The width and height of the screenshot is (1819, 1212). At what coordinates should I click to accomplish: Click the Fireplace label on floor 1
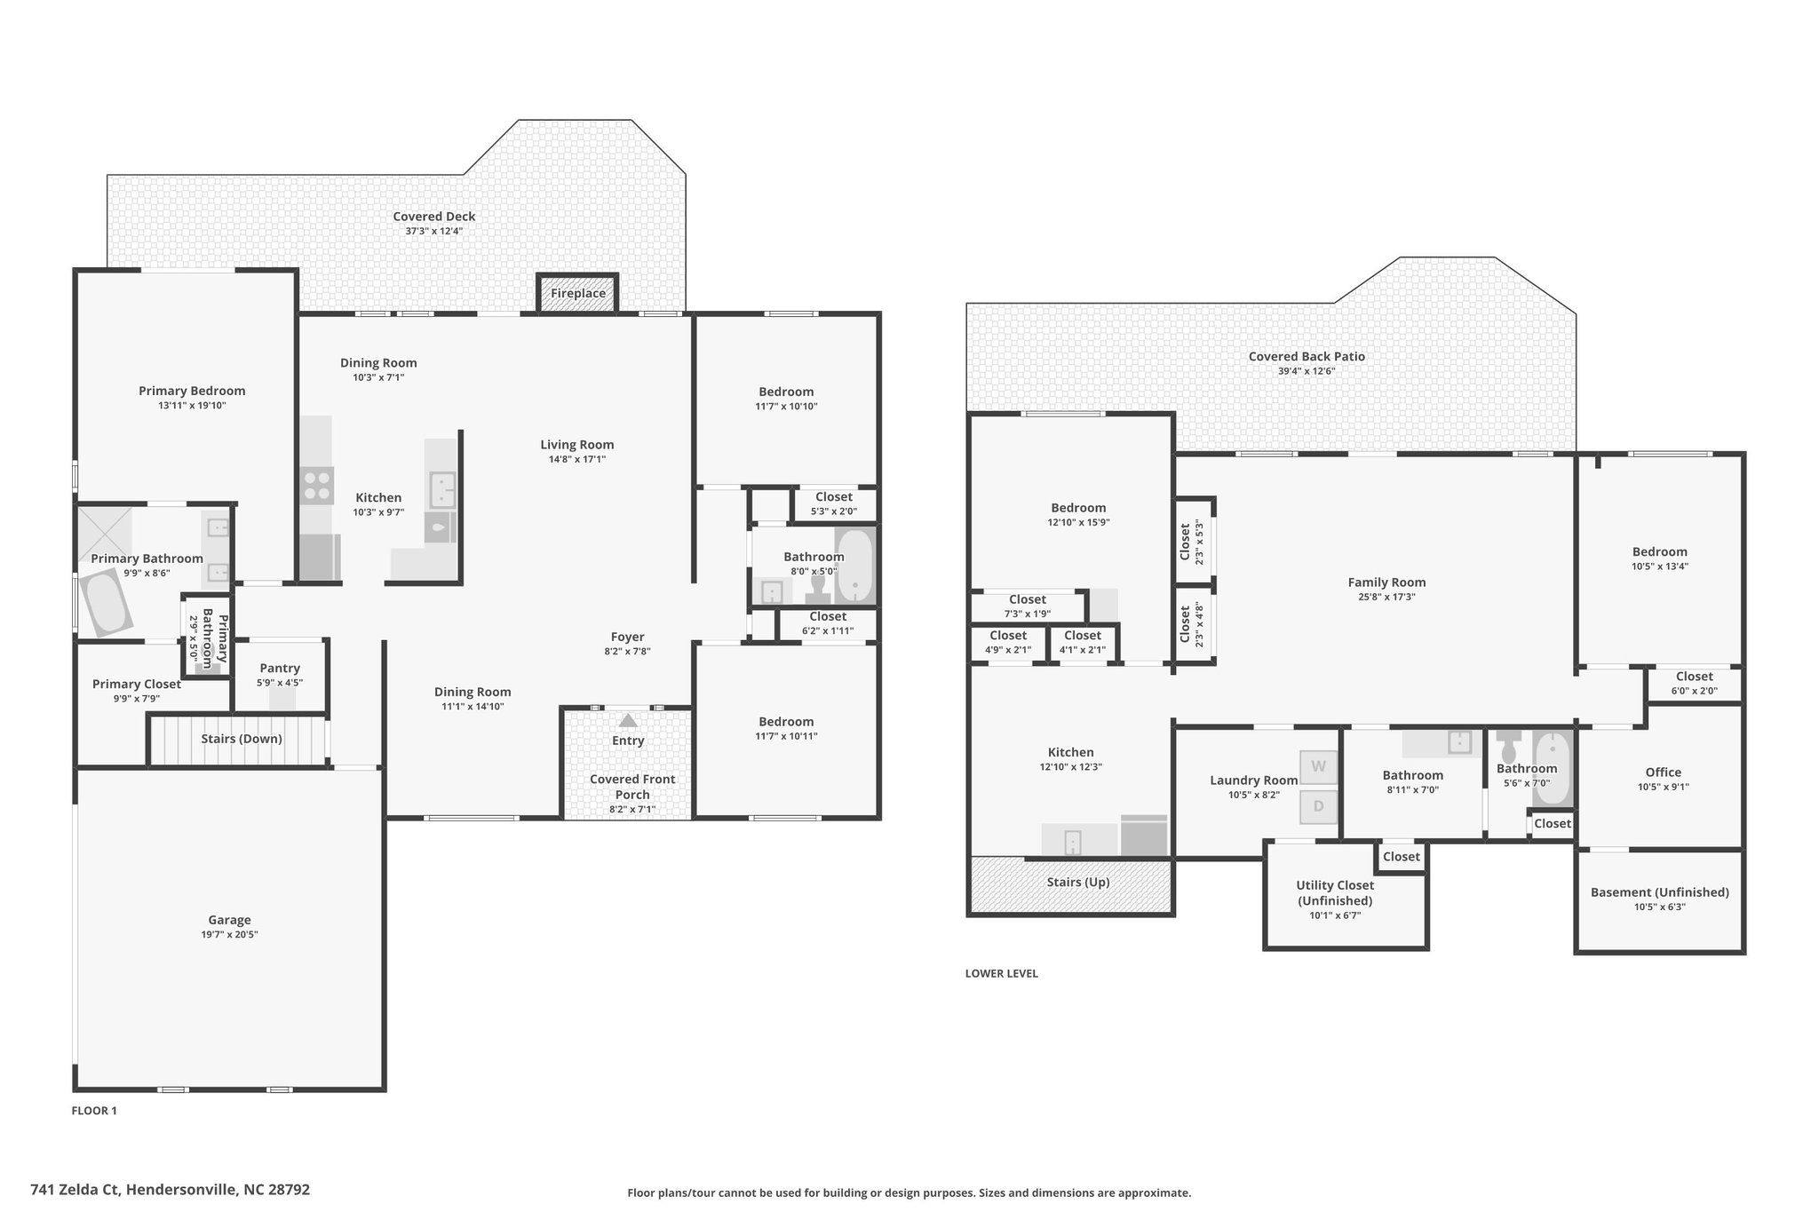pyautogui.click(x=578, y=294)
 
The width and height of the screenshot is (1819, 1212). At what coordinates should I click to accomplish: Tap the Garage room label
pyautogui.click(x=229, y=921)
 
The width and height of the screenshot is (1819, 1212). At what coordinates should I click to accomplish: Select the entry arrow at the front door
pyautogui.click(x=628, y=721)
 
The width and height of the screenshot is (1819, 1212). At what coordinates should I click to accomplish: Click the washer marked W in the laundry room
pyautogui.click(x=1319, y=766)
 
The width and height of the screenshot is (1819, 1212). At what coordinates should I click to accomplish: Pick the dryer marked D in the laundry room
pyautogui.click(x=1319, y=807)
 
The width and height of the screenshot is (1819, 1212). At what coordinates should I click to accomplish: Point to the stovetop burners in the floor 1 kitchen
pyautogui.click(x=317, y=487)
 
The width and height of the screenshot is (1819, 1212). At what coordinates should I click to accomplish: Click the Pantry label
pyautogui.click(x=280, y=669)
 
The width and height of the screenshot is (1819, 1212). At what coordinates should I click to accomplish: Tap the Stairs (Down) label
pyautogui.click(x=242, y=739)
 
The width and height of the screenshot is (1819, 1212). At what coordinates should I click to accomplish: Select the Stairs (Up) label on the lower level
pyautogui.click(x=1077, y=882)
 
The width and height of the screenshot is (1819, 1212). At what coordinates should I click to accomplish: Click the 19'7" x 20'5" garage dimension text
pyautogui.click(x=229, y=935)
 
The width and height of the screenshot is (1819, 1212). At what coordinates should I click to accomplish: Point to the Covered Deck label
pyautogui.click(x=434, y=217)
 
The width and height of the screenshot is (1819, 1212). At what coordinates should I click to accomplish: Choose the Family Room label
pyautogui.click(x=1386, y=582)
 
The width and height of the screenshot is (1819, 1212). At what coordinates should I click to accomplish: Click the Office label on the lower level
pyautogui.click(x=1663, y=772)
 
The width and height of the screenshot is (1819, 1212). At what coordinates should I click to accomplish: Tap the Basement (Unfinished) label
pyautogui.click(x=1659, y=892)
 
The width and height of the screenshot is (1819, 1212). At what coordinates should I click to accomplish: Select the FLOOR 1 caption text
pyautogui.click(x=94, y=1111)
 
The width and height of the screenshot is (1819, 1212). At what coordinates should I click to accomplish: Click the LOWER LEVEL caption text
pyautogui.click(x=1001, y=973)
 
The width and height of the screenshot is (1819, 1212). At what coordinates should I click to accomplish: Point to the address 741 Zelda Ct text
pyautogui.click(x=75, y=1189)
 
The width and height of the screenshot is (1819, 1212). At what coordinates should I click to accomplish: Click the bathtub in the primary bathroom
pyautogui.click(x=105, y=603)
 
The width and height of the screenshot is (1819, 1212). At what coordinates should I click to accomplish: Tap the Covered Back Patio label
pyautogui.click(x=1307, y=357)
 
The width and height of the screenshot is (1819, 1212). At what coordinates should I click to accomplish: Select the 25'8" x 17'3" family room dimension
pyautogui.click(x=1386, y=598)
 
